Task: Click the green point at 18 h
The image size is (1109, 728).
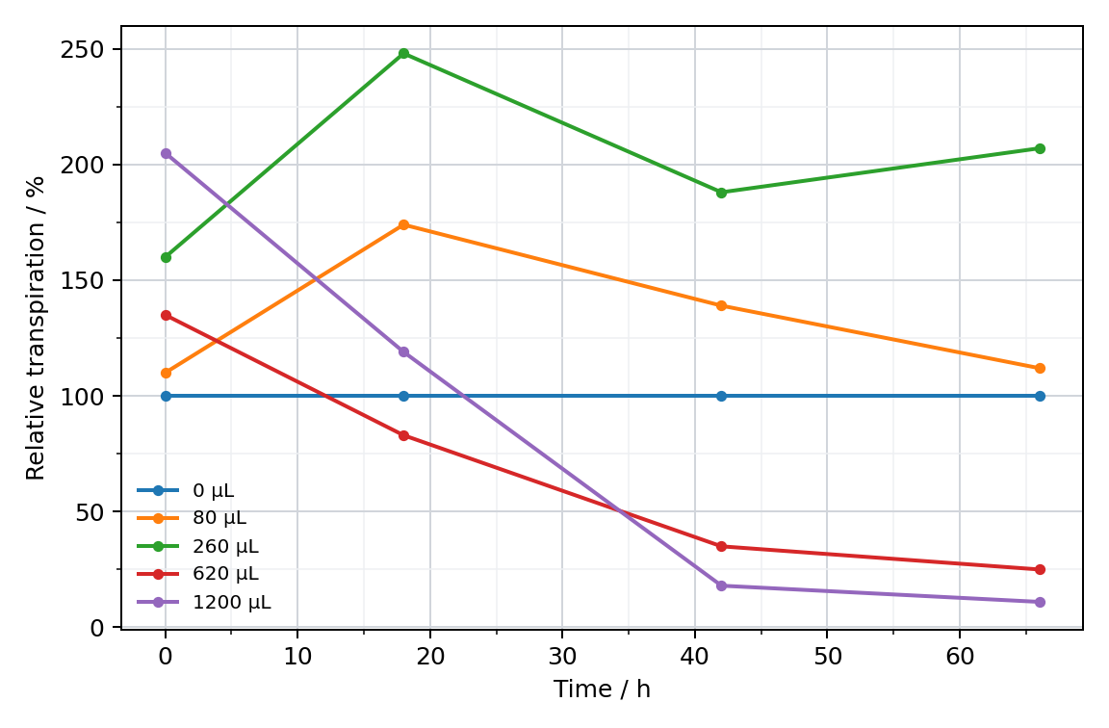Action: pyautogui.click(x=404, y=54)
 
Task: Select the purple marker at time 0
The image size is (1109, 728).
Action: pyautogui.click(x=166, y=153)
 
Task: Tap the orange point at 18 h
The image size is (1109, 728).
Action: pyautogui.click(x=404, y=225)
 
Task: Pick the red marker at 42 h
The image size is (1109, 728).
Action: pyautogui.click(x=721, y=546)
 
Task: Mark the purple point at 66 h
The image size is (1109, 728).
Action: pyautogui.click(x=1040, y=602)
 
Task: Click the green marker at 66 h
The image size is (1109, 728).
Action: pyautogui.click(x=1040, y=148)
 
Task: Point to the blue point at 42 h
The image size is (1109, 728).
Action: pyautogui.click(x=721, y=396)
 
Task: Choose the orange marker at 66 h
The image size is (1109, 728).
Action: pyautogui.click(x=1040, y=369)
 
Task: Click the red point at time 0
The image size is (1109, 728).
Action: pyautogui.click(x=166, y=316)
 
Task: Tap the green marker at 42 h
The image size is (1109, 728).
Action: pyautogui.click(x=721, y=193)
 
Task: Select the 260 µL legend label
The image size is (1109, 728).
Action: pyautogui.click(x=225, y=546)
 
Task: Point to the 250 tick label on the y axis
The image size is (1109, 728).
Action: pyautogui.click(x=81, y=49)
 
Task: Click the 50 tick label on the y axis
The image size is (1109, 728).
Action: pyautogui.click(x=90, y=511)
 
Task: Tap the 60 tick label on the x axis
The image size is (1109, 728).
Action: pyautogui.click(x=960, y=657)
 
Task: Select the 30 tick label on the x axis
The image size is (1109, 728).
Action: pyautogui.click(x=562, y=657)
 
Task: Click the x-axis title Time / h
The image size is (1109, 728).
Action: pyautogui.click(x=602, y=689)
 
